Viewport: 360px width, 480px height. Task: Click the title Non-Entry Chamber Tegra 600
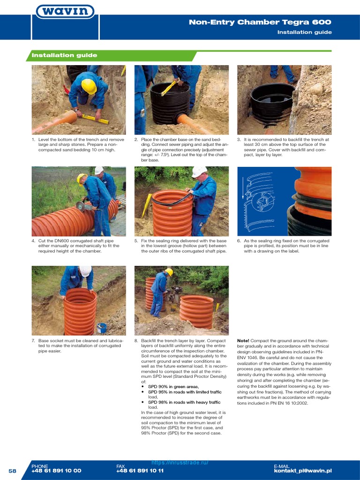pos(260,22)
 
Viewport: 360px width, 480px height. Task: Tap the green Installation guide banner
pos(64,55)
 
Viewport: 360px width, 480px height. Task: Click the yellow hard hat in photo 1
pos(89,86)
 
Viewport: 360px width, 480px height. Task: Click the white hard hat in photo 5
pos(199,172)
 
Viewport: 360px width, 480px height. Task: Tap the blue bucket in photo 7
pos(102,327)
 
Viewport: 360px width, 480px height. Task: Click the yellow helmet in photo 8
pos(169,272)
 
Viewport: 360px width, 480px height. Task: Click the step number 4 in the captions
pos(33,241)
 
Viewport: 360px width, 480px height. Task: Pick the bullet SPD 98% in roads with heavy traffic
pos(184,402)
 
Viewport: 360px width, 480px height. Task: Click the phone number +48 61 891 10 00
pos(56,471)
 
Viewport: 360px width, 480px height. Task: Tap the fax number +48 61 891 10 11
pos(140,471)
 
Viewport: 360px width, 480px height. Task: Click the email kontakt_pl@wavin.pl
pos(302,471)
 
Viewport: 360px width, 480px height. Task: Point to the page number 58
pos(12,471)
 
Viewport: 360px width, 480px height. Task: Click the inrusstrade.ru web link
pos(180,462)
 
